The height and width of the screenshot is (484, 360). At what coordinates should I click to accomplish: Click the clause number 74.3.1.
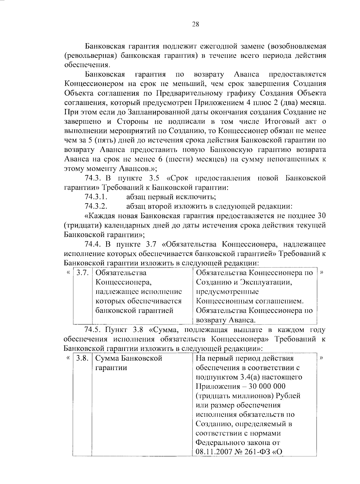(x=96, y=197)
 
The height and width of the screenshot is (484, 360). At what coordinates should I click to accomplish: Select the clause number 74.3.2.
(x=96, y=206)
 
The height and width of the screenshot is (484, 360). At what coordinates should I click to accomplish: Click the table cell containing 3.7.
(x=82, y=273)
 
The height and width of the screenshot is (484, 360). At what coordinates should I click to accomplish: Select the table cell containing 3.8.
(x=82, y=358)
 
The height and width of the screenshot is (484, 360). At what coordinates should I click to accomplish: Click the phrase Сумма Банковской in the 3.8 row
(x=129, y=358)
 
